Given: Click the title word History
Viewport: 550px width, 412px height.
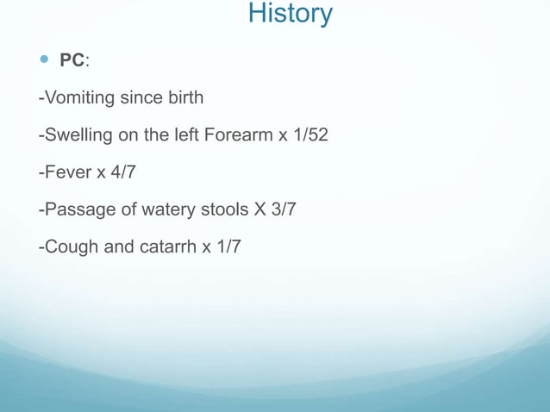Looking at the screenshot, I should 290,14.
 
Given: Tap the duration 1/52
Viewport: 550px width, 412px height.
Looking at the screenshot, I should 309,135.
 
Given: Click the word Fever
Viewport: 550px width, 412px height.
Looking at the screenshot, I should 66,172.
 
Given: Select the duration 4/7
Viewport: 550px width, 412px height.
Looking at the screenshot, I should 122,172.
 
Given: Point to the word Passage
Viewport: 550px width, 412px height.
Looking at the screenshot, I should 77,210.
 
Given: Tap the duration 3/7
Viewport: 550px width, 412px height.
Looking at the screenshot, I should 283,210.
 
